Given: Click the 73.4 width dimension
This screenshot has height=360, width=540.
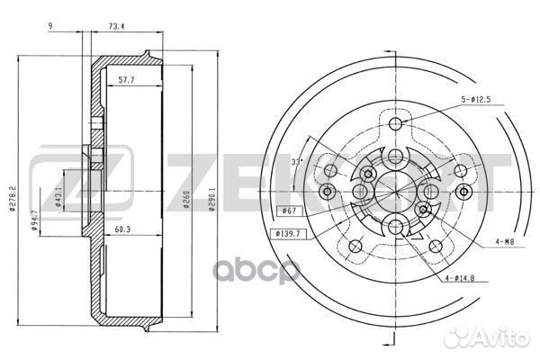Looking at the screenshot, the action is [116, 26].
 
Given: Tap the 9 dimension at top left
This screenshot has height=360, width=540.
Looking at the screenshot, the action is [50, 26].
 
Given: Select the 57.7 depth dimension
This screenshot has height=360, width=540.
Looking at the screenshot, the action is [126, 80].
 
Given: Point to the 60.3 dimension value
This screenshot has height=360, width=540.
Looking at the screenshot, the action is [122, 229].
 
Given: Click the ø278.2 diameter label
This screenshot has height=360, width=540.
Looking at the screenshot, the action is [13, 198].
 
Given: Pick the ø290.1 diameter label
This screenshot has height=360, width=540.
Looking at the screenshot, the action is [212, 199].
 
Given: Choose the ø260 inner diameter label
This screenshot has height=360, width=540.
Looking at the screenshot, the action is [186, 200].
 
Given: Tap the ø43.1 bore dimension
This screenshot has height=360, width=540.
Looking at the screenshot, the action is [58, 197].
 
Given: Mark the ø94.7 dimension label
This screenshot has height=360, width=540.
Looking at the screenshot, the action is [34, 220].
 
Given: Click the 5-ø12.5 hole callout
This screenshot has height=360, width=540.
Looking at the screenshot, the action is [476, 100].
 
